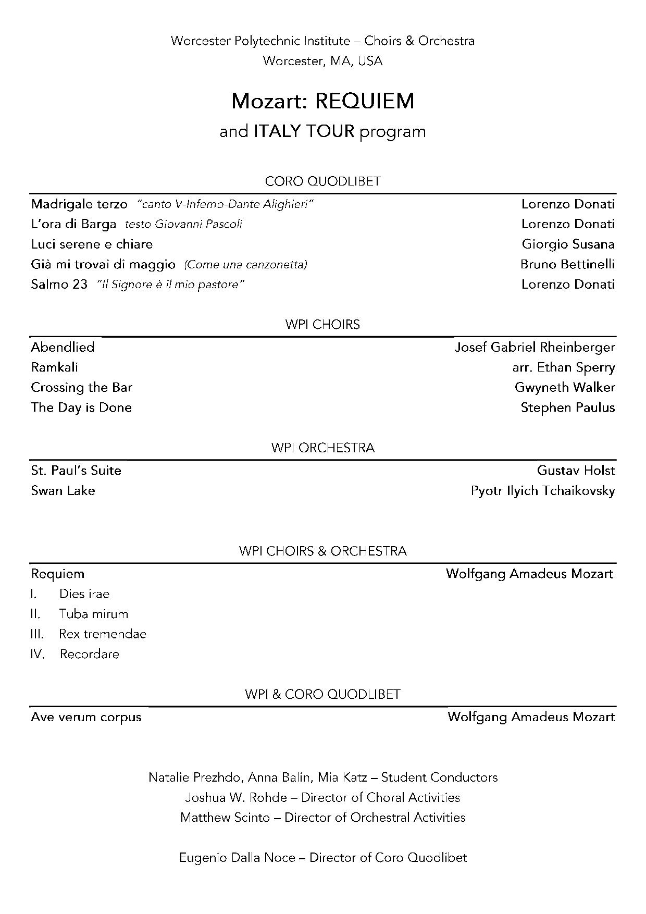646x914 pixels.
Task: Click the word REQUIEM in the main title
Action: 364,101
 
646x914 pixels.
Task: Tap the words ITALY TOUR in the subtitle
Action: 304,131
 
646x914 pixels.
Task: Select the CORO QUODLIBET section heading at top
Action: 322,181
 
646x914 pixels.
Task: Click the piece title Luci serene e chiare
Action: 92,244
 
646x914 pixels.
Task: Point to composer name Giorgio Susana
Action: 568,244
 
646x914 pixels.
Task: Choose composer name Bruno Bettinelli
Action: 567,264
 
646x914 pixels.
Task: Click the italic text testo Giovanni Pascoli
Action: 183,224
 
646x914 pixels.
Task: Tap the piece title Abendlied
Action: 63,347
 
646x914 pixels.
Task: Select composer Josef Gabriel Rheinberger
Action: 535,347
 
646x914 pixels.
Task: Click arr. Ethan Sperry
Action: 564,367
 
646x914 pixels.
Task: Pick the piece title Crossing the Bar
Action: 81,387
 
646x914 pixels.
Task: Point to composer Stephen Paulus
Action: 568,407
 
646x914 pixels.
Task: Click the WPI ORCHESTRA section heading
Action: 322,448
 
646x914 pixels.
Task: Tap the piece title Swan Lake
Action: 63,490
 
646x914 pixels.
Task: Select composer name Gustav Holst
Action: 576,471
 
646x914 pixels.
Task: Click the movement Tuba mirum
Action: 94,614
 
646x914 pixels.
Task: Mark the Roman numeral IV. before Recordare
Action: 38,654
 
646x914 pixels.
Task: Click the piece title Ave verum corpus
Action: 86,717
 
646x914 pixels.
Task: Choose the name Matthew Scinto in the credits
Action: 225,817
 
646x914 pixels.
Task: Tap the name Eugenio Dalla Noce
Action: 237,857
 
